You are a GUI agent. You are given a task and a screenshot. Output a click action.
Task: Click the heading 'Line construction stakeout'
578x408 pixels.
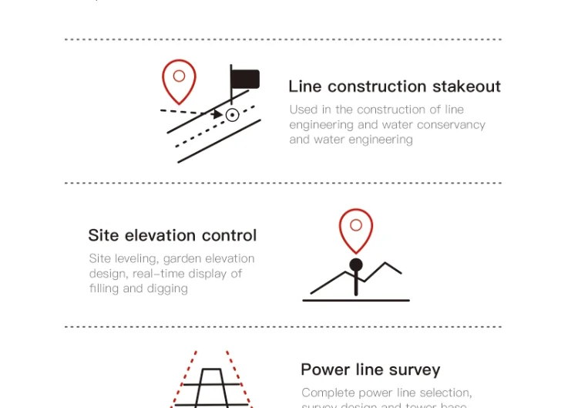pos(394,86)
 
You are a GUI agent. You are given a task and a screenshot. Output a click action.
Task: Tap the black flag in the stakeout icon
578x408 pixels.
pos(245,79)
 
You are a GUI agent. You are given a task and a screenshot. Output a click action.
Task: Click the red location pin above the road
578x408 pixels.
pos(179,80)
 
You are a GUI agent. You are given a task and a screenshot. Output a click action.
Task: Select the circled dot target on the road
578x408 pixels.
pos(232,115)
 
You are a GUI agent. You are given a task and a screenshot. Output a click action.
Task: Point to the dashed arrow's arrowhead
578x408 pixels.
pos(218,114)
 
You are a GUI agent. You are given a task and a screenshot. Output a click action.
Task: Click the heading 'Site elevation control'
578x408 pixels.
pos(172,235)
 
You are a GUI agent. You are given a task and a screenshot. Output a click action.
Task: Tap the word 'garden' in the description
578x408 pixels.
pos(181,258)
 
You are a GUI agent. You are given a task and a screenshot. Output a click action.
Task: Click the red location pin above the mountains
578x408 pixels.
pos(356,229)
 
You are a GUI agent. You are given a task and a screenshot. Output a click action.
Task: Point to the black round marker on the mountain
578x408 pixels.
pos(356,265)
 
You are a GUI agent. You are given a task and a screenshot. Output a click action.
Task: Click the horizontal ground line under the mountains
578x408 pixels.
pos(356,299)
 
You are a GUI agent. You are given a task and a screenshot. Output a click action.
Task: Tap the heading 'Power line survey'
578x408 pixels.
pos(370,369)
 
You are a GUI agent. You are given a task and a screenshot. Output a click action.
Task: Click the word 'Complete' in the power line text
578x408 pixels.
pos(327,393)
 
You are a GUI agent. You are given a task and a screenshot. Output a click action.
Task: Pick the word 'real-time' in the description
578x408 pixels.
pos(158,274)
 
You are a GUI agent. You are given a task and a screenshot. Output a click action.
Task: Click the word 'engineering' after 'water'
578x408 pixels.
pos(381,140)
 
